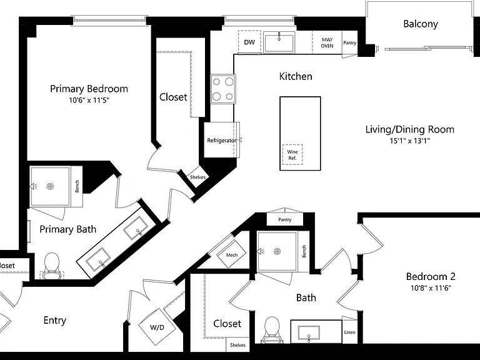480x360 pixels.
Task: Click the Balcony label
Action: coord(421,24)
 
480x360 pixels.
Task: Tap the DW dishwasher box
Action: coord(249,42)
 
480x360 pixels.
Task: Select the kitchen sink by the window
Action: coord(279,42)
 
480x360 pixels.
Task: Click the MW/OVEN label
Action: coord(327,43)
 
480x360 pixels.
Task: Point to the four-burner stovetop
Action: coord(223,89)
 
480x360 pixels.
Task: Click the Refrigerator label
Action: coord(222,141)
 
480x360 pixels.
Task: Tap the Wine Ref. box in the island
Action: coord(292,155)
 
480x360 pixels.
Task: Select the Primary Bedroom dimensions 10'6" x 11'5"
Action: coord(89,100)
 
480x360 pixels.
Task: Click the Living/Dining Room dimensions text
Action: coord(409,141)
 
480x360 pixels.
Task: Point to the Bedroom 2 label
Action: coord(431,277)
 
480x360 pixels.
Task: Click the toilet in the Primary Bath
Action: coord(51,266)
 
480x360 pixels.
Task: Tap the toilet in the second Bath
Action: coord(271,330)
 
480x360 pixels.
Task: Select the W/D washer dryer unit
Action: coord(157,327)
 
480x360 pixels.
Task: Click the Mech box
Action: coord(232,255)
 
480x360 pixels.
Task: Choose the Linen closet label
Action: coord(349,332)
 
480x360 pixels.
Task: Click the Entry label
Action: coord(55,321)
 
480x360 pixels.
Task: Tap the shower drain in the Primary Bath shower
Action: coord(50,186)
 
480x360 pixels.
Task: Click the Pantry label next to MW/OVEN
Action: coord(349,43)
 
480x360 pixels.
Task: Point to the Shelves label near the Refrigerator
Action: coord(197,177)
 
